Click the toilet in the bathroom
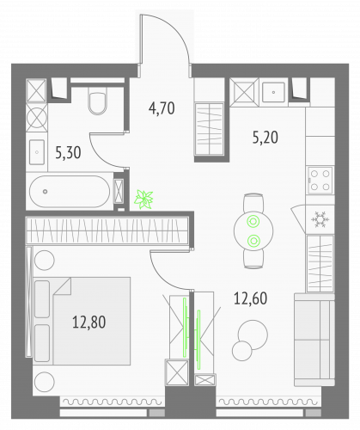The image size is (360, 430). (97, 103)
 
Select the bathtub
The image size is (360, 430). (70, 192)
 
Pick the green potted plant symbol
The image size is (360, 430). (143, 199)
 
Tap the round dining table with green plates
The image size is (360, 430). (253, 229)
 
